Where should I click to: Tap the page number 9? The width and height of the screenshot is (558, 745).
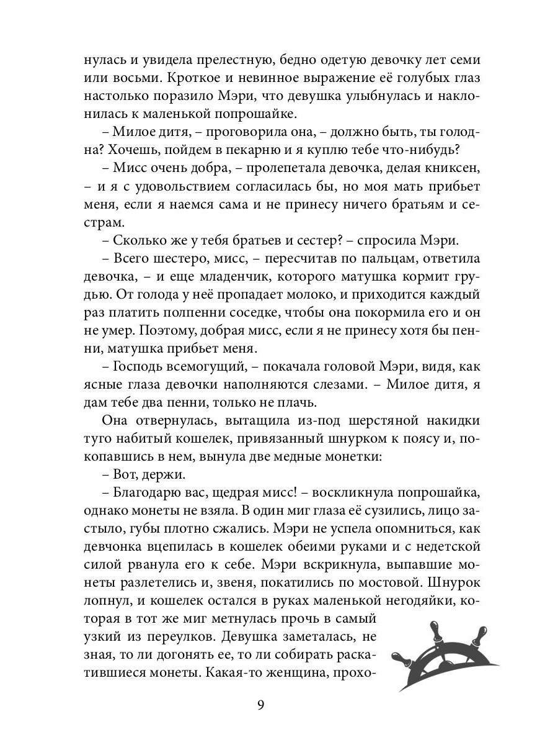pyautogui.click(x=260, y=705)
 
